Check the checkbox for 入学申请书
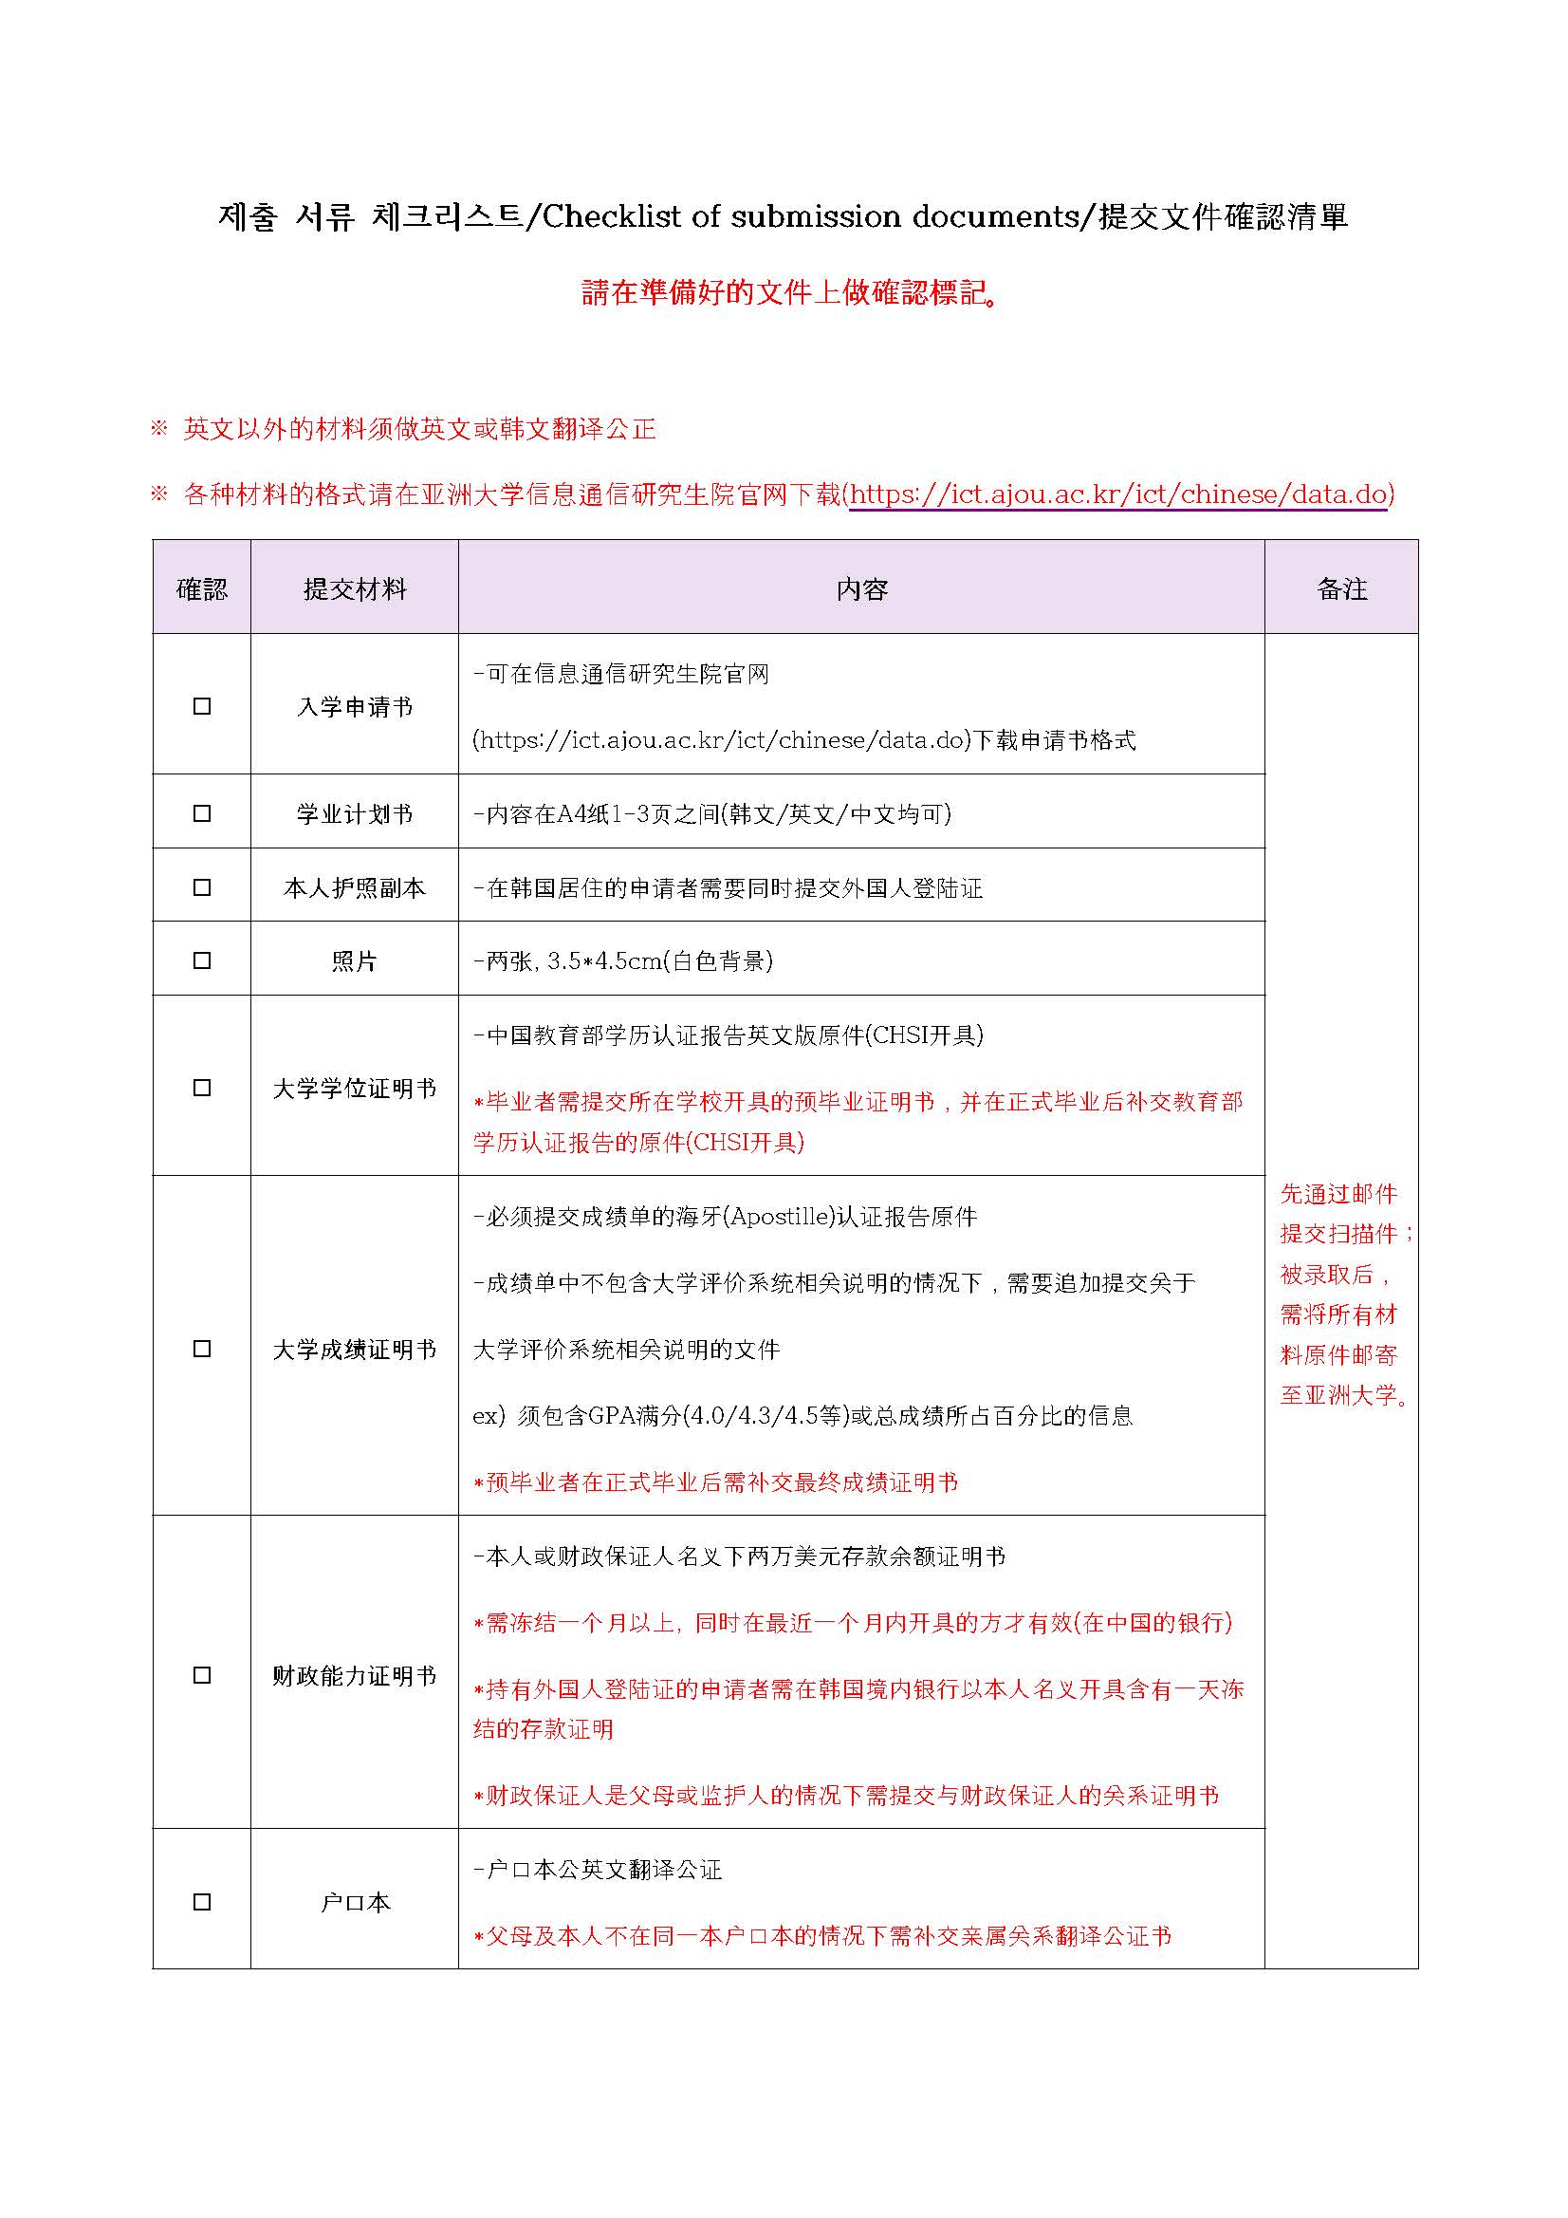pyautogui.click(x=202, y=706)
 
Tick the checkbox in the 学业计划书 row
pyautogui.click(x=202, y=813)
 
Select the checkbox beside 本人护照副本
pyautogui.click(x=202, y=886)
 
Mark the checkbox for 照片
pyautogui.click(x=202, y=960)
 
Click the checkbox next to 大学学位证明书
pyautogui.click(x=202, y=1088)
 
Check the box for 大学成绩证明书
pyautogui.click(x=202, y=1349)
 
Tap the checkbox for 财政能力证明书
pyautogui.click(x=202, y=1675)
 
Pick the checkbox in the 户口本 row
pyautogui.click(x=202, y=1902)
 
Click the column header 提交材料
pyautogui.click(x=355, y=589)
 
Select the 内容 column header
pyautogui.click(x=861, y=589)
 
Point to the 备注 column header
pyautogui.click(x=1341, y=589)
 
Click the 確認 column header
pyautogui.click(x=202, y=589)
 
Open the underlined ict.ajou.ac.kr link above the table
pyautogui.click(x=1120, y=494)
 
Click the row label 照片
pyautogui.click(x=355, y=961)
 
